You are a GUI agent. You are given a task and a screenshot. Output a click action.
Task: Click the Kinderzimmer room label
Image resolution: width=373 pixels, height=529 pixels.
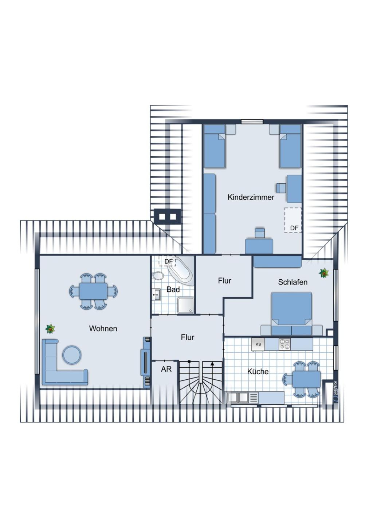[251, 197]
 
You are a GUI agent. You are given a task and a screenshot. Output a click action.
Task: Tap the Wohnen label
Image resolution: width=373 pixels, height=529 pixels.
[103, 329]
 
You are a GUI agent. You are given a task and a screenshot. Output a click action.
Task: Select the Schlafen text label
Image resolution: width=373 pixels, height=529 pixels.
[292, 282]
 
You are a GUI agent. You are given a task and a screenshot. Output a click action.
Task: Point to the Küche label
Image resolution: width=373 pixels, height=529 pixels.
[258, 371]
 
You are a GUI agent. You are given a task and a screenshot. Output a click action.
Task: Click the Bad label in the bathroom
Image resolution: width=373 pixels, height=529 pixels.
[173, 289]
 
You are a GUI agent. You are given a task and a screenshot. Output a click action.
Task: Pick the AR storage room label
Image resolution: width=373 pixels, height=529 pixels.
[166, 369]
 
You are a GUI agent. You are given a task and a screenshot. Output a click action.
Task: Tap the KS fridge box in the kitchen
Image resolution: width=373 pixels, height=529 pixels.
[258, 344]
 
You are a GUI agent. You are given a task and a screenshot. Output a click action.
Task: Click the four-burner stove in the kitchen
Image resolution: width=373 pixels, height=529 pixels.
[284, 344]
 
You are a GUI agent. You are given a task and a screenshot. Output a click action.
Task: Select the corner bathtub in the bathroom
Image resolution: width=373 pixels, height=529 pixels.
[180, 271]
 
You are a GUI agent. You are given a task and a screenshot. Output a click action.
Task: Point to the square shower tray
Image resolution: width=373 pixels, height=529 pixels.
[186, 305]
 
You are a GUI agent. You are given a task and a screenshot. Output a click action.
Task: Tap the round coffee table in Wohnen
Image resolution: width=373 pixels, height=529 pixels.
[72, 355]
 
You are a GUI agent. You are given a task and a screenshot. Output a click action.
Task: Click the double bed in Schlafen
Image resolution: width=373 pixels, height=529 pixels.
[291, 313]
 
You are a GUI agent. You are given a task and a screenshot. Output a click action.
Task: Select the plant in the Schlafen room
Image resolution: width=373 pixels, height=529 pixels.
[324, 273]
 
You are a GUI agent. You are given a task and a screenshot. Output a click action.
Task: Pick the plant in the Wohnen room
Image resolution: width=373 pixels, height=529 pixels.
[50, 329]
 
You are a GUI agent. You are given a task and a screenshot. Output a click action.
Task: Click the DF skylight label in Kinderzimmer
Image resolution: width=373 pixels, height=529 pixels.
[294, 228]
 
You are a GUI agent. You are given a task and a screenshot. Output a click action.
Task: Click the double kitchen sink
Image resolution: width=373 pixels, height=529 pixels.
[237, 398]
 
